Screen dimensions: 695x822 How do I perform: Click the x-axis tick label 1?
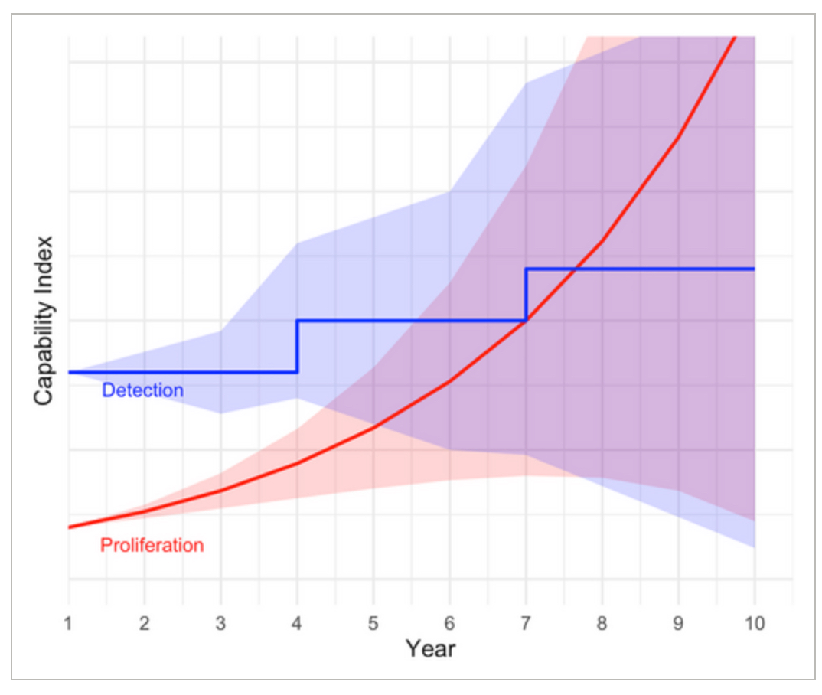click(68, 624)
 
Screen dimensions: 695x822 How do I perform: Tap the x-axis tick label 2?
click(144, 624)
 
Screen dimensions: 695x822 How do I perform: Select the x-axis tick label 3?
click(220, 624)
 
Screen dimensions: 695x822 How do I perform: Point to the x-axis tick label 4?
click(297, 624)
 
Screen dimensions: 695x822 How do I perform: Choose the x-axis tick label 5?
click(373, 624)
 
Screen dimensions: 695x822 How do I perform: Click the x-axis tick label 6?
click(449, 624)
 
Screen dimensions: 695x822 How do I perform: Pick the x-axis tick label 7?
click(526, 624)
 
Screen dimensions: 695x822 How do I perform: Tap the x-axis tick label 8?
click(602, 624)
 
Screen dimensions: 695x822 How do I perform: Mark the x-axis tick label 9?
click(678, 624)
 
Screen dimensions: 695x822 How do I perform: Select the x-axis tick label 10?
click(755, 624)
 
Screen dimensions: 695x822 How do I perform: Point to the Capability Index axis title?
click(44, 319)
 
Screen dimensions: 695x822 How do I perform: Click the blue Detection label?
click(142, 390)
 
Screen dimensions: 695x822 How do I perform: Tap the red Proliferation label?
click(152, 546)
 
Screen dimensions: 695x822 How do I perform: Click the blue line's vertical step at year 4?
click(297, 346)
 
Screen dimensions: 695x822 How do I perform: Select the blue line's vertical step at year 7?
click(526, 295)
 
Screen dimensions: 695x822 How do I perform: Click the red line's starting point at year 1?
click(69, 527)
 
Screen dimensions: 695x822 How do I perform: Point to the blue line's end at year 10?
click(754, 269)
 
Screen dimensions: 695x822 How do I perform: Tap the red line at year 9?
click(678, 137)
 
